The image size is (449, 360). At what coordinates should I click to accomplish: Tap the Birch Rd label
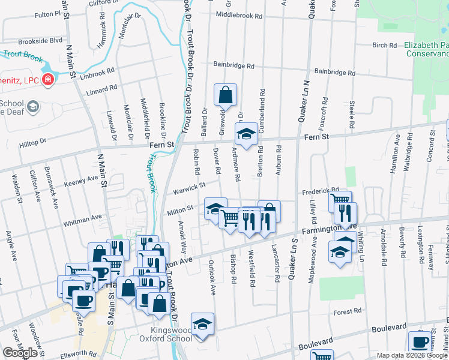[385, 45]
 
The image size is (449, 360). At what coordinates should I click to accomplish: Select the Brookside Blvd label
[40, 41]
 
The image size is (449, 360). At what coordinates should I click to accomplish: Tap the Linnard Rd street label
[101, 88]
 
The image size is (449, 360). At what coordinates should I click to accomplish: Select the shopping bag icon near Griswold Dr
[225, 95]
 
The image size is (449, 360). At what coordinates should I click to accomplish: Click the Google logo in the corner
[20, 353]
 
